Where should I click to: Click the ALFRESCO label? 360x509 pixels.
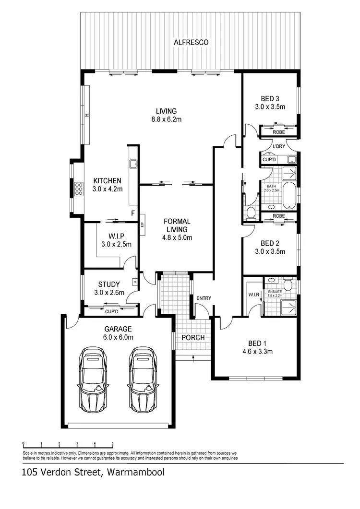[191, 43]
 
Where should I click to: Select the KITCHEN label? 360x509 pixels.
[107, 181]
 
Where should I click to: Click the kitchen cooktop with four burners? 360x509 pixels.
[78, 189]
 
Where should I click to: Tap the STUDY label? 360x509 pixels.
[109, 284]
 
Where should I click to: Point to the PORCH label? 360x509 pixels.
[193, 338]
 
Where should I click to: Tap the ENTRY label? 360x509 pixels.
[204, 298]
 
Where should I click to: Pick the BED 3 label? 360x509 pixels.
[270, 99]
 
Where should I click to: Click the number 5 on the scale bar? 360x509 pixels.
[113, 444]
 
